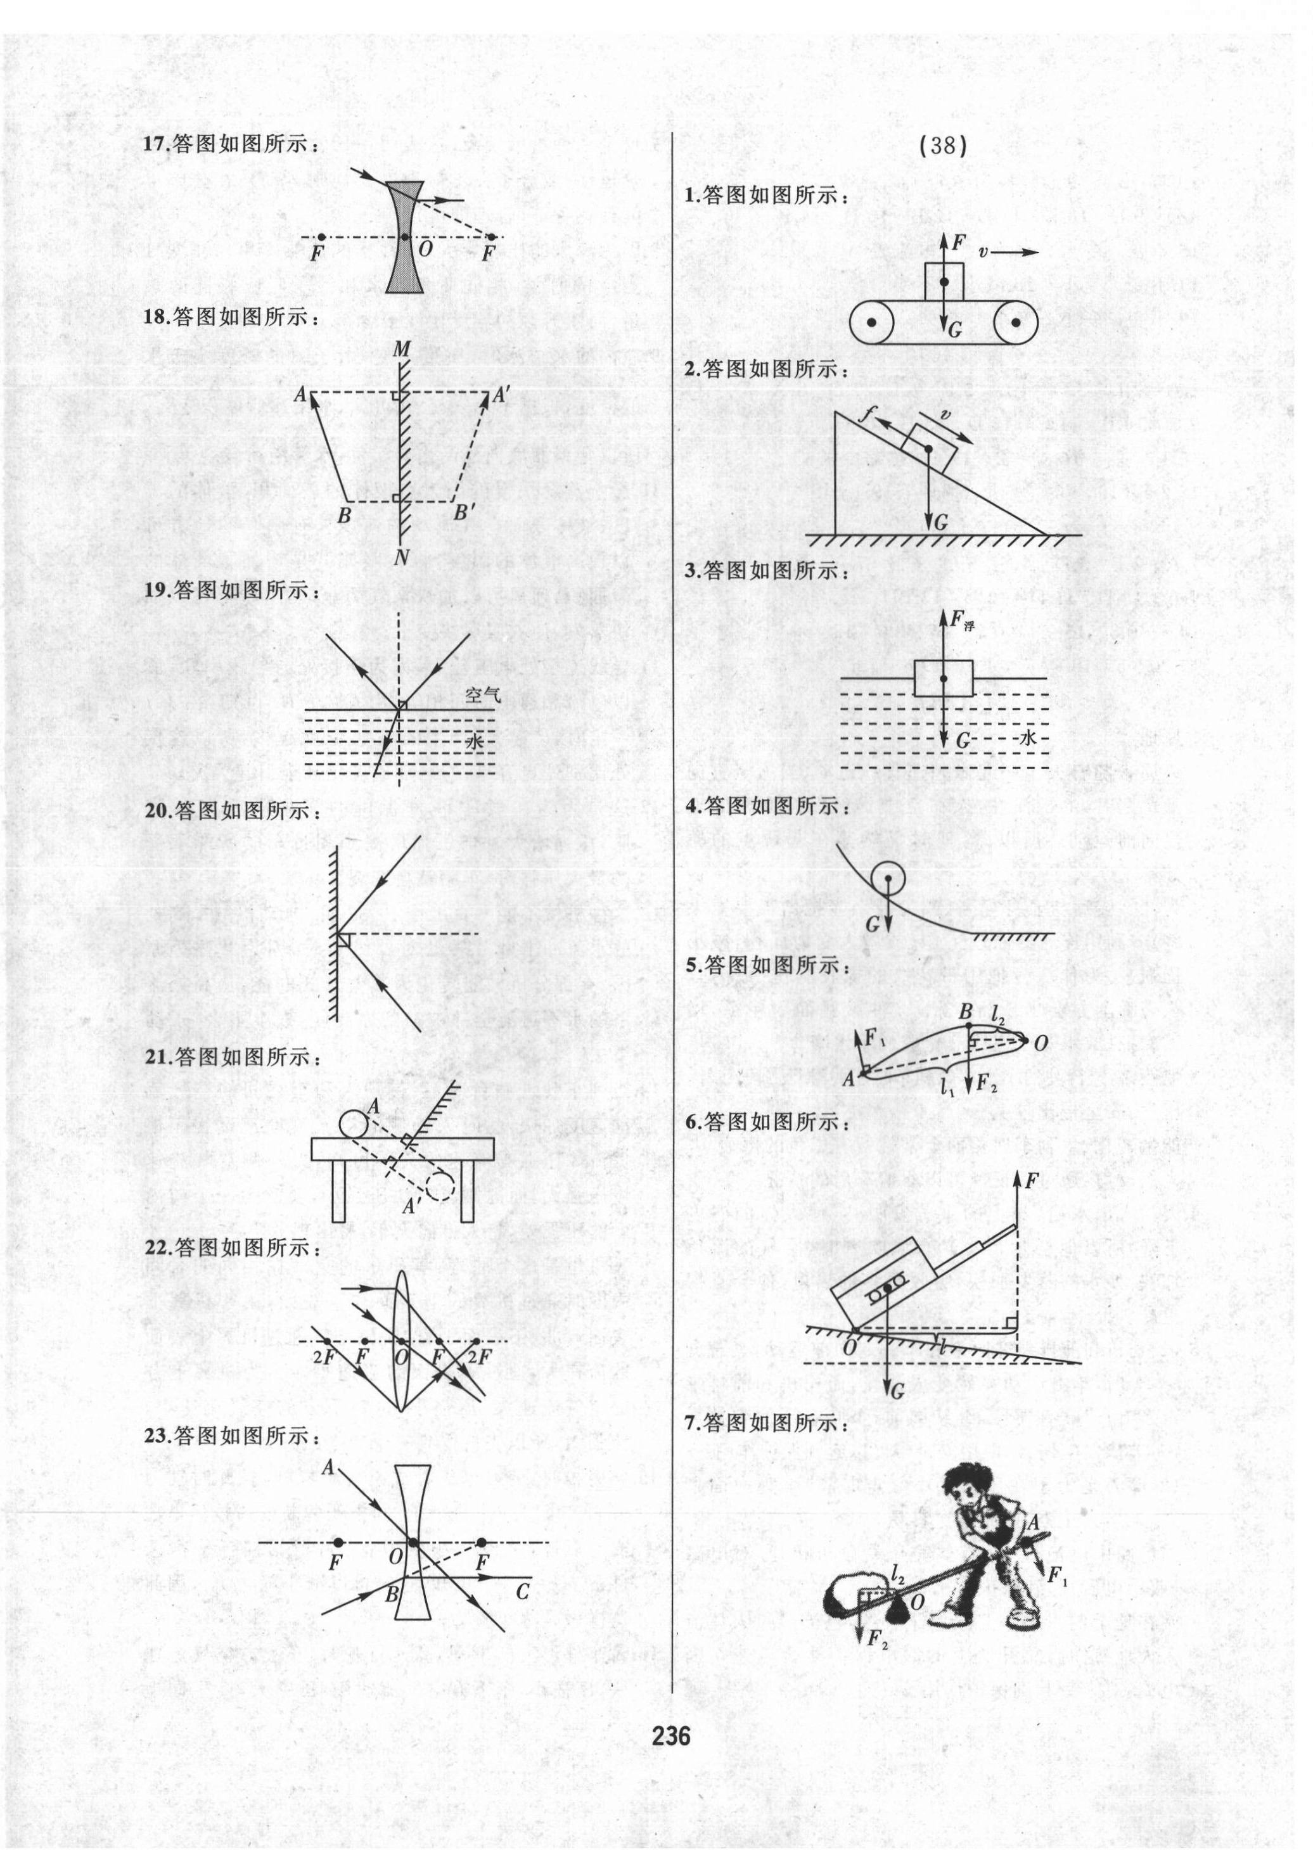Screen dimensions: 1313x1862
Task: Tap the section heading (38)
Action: [x=943, y=146]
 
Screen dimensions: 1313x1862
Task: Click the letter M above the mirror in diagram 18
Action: [x=400, y=350]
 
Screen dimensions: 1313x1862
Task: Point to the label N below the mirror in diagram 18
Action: [x=400, y=558]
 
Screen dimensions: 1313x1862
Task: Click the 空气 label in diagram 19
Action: [x=484, y=695]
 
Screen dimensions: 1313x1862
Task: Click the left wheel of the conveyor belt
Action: [x=871, y=322]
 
